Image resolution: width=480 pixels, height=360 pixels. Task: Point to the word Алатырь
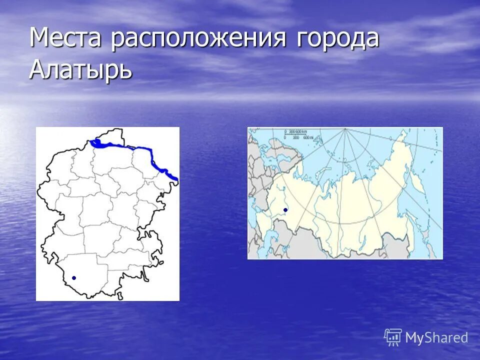pos(81,68)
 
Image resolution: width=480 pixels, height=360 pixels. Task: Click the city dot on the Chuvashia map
pos(74,277)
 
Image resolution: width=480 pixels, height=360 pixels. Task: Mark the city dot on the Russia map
pos(285,209)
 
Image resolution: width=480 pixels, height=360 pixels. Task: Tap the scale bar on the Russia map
pos(298,134)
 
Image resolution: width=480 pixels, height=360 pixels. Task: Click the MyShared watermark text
pos(436,337)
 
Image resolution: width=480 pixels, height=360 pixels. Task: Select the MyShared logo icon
pos(393,337)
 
